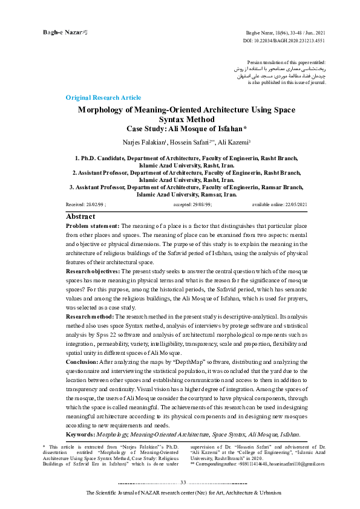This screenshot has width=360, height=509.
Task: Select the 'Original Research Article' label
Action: point(103,97)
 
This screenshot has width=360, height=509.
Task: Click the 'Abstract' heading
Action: point(80,216)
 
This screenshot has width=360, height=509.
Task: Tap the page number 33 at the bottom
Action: point(183,482)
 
